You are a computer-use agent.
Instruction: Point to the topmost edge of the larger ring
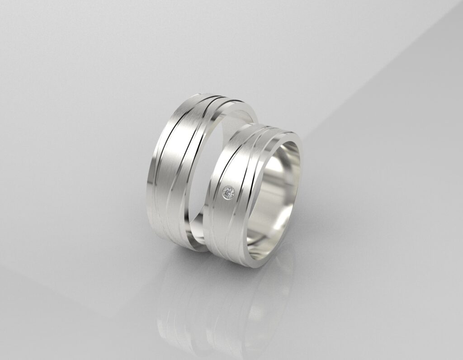[x=213, y=95]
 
